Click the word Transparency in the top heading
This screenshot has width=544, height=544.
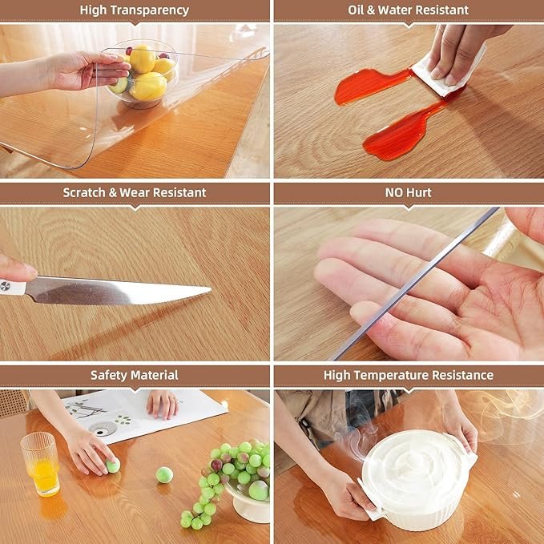[151, 10]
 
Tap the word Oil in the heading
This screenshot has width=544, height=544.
[356, 10]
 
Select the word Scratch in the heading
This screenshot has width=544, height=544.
[84, 192]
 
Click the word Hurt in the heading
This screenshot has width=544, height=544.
[420, 192]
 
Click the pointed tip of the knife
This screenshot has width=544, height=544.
[211, 288]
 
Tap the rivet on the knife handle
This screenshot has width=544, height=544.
[5, 286]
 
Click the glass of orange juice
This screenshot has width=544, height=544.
[41, 464]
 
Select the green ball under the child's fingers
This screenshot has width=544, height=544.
[113, 465]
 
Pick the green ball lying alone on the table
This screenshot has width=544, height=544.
[164, 475]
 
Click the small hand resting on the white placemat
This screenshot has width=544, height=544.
[163, 404]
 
